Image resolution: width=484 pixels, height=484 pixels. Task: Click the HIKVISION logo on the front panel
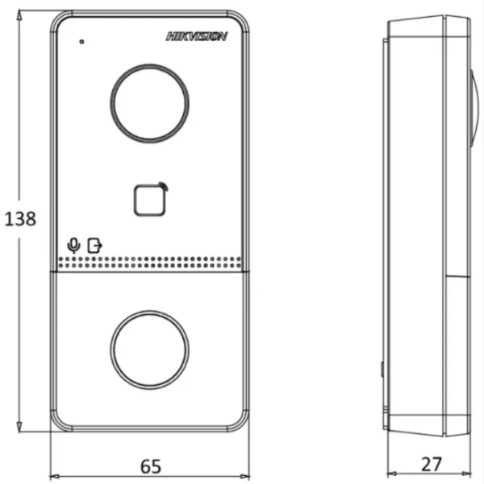(x=197, y=35)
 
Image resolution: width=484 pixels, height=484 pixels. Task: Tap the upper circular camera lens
(x=151, y=101)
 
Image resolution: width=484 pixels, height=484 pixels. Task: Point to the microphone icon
(x=73, y=243)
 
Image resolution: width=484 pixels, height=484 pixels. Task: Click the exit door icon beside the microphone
(x=95, y=243)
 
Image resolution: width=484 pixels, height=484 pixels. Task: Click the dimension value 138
(x=19, y=219)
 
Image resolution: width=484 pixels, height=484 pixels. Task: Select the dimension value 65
(x=151, y=465)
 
